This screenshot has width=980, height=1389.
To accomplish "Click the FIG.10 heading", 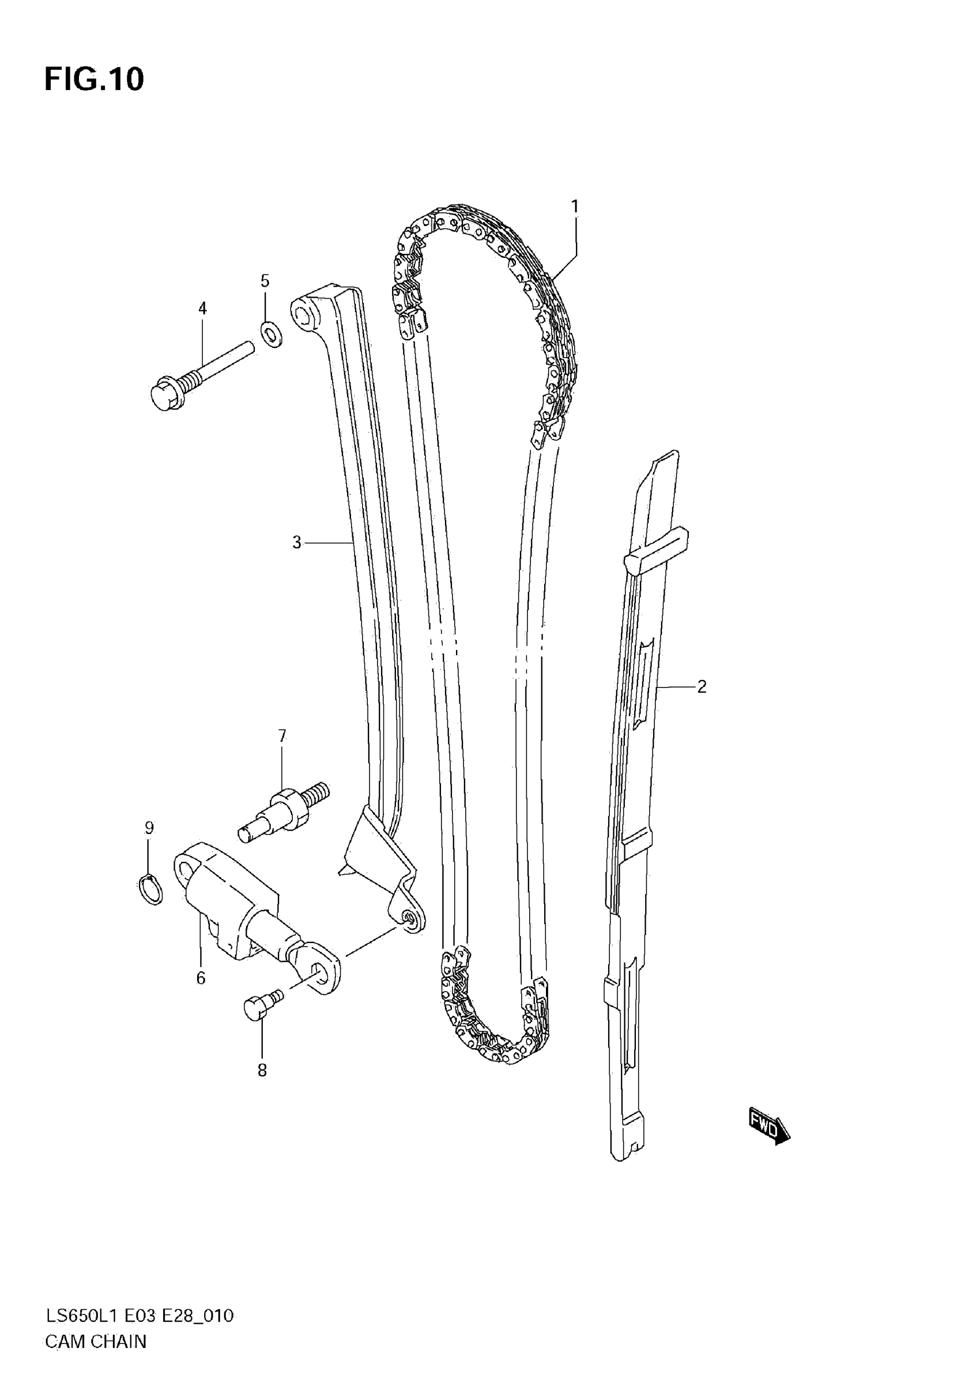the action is click(95, 79).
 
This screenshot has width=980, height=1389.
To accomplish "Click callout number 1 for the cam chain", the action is click(575, 207).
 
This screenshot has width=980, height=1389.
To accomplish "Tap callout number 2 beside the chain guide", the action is click(702, 686).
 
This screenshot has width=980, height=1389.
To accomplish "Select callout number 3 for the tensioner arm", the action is click(296, 543).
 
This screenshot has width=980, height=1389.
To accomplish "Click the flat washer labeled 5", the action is click(270, 334).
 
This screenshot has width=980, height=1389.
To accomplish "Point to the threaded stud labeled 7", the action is click(284, 808).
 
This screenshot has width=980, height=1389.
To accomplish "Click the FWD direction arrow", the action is click(768, 1127).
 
